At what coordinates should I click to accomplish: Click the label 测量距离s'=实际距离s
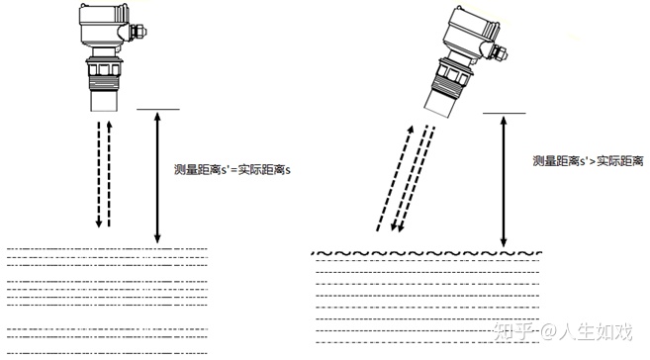pyautogui.click(x=232, y=170)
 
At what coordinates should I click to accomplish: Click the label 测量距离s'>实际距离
pyautogui.click(x=588, y=161)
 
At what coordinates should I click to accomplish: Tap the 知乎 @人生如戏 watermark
pyautogui.click(x=563, y=331)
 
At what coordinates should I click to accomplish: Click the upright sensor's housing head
pyautogui.click(x=104, y=25)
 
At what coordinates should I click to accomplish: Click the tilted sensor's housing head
pyautogui.click(x=471, y=31)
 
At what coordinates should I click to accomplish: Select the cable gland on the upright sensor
pyautogui.click(x=139, y=32)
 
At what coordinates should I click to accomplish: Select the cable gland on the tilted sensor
pyautogui.click(x=499, y=52)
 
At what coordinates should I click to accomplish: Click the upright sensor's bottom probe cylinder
pyautogui.click(x=104, y=100)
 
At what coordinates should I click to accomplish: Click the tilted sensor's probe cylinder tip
pyautogui.click(x=440, y=105)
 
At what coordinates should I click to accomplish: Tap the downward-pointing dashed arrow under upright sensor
pyautogui.click(x=99, y=174)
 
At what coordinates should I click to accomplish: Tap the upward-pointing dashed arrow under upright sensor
pyautogui.click(x=109, y=174)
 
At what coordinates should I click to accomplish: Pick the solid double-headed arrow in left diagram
pyautogui.click(x=157, y=177)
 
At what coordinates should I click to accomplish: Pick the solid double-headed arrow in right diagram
pyautogui.click(x=504, y=181)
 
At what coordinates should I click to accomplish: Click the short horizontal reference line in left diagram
pyautogui.click(x=158, y=110)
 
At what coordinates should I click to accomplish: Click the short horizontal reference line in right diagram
pyautogui.click(x=505, y=113)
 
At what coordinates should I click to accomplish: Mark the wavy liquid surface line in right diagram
pyautogui.click(x=426, y=253)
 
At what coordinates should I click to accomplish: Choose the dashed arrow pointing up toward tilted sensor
pyautogui.click(x=395, y=178)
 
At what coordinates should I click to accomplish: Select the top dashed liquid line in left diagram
pyautogui.click(x=107, y=249)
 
